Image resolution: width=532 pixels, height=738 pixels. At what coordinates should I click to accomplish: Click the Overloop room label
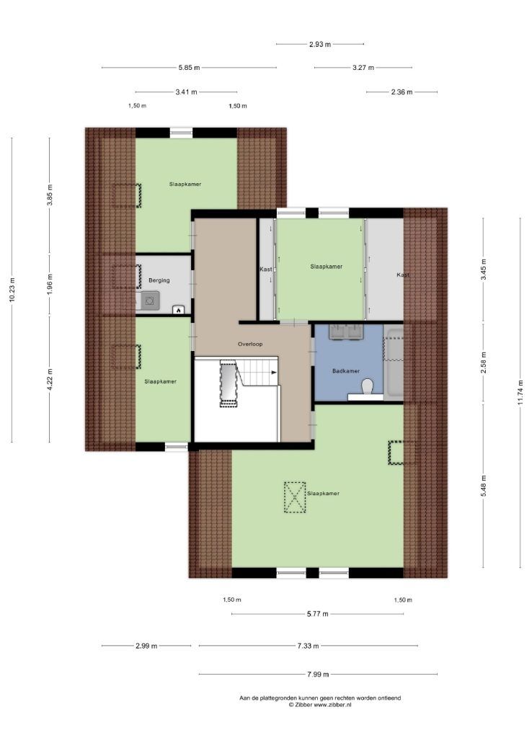pyautogui.click(x=250, y=344)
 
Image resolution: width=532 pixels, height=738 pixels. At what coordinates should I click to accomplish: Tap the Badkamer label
pyautogui.click(x=345, y=371)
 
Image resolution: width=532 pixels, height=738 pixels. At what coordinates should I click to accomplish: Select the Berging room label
pyautogui.click(x=159, y=280)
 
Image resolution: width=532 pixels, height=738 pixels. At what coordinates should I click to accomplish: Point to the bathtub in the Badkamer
pyautogui.click(x=393, y=363)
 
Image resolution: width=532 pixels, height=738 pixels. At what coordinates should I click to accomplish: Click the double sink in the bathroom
pyautogui.click(x=347, y=332)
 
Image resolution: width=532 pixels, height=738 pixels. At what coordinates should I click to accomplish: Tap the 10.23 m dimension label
pyautogui.click(x=12, y=290)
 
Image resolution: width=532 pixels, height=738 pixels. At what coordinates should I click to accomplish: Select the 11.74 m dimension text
pyautogui.click(x=520, y=392)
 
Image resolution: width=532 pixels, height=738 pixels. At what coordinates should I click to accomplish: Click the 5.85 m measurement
pyautogui.click(x=189, y=67)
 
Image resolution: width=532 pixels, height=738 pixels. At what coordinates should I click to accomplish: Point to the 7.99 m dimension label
pyautogui.click(x=318, y=674)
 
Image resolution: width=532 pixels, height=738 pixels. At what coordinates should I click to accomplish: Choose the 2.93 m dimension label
pyautogui.click(x=320, y=44)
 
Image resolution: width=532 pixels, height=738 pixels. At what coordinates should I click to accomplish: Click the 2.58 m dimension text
pyautogui.click(x=484, y=363)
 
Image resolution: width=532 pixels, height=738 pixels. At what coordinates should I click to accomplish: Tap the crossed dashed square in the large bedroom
pyautogui.click(x=295, y=497)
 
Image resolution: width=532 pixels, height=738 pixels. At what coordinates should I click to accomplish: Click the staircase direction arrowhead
pyautogui.click(x=274, y=373)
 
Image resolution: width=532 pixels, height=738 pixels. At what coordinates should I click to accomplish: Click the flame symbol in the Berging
pyautogui.click(x=179, y=310)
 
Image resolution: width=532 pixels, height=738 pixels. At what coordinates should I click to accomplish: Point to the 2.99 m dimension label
pyautogui.click(x=146, y=646)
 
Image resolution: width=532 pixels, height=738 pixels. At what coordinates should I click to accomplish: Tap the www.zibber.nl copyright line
pyautogui.click(x=320, y=705)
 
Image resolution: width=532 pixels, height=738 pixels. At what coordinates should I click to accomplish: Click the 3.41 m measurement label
pyautogui.click(x=187, y=92)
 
